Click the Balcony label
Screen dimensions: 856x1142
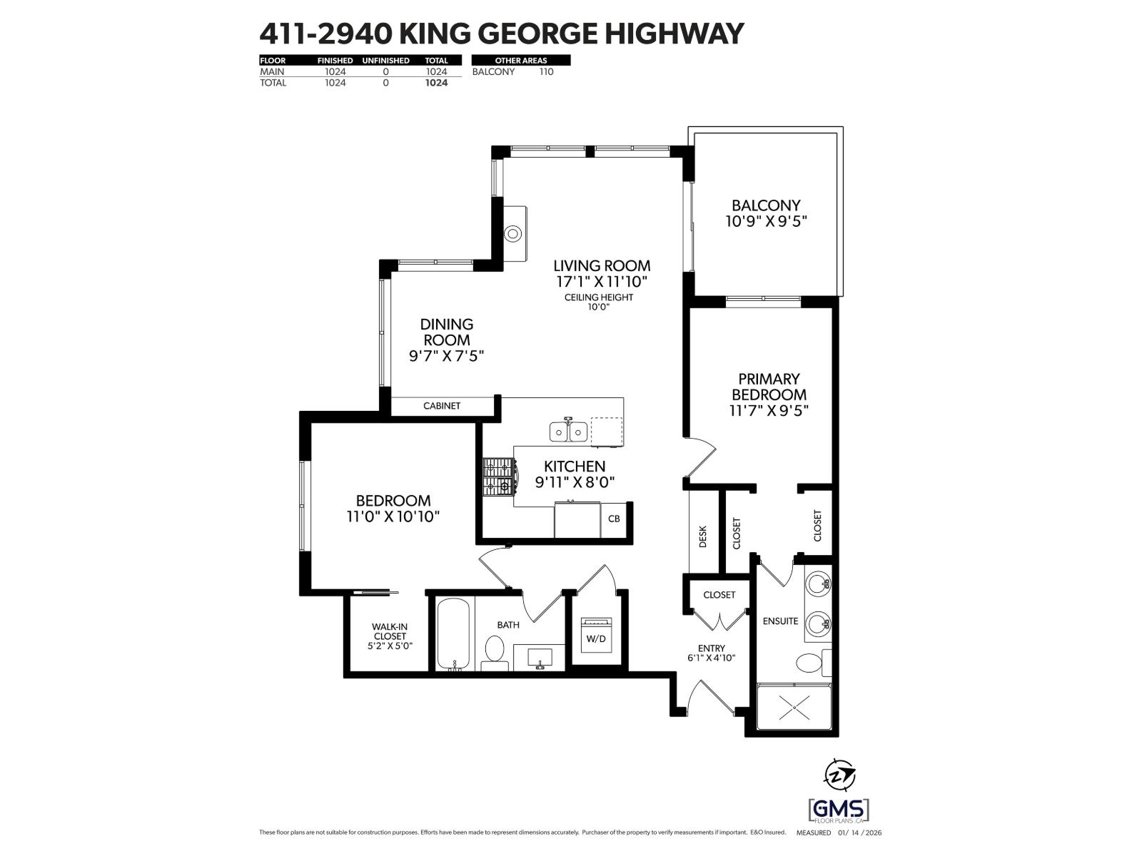[766, 205]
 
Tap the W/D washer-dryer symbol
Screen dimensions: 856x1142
[595, 633]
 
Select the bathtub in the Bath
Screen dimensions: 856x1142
[453, 633]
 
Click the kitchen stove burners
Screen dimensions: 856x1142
[498, 477]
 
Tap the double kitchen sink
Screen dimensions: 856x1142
[568, 431]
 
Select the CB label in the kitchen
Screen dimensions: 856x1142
[614, 519]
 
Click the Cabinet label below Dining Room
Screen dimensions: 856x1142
[442, 406]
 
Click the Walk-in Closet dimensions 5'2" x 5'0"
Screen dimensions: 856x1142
[389, 646]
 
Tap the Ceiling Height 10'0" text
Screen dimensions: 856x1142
[599, 302]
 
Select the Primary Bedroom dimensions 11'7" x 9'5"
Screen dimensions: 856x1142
[769, 411]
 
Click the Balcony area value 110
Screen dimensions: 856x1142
[546, 71]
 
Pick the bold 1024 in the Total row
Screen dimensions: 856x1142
[436, 83]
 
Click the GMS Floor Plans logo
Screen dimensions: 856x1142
[839, 810]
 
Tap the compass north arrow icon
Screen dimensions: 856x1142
[840, 774]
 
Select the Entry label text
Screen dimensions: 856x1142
[711, 648]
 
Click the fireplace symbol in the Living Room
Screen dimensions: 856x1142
[513, 233]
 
